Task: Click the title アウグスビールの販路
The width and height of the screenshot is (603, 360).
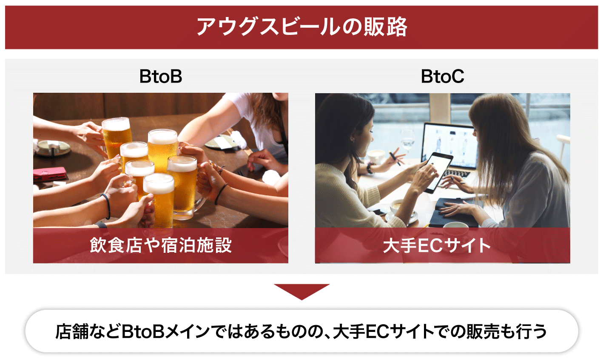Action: coord(302,27)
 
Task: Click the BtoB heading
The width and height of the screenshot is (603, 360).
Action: coord(161,76)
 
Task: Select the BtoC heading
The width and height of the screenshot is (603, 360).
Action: coord(443,76)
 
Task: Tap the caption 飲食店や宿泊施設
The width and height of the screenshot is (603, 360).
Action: coord(161,245)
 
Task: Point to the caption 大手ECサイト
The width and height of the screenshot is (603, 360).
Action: coord(437,246)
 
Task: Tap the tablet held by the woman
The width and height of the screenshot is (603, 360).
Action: coord(438,172)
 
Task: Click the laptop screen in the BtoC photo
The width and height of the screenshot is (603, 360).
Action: coord(449,145)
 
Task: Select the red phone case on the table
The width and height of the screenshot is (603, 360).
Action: coord(50,174)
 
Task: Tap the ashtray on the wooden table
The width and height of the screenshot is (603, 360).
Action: coord(52,148)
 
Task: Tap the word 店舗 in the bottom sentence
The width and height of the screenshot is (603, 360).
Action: coord(72,331)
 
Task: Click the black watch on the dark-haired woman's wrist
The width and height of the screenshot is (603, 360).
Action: coord(370,168)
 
